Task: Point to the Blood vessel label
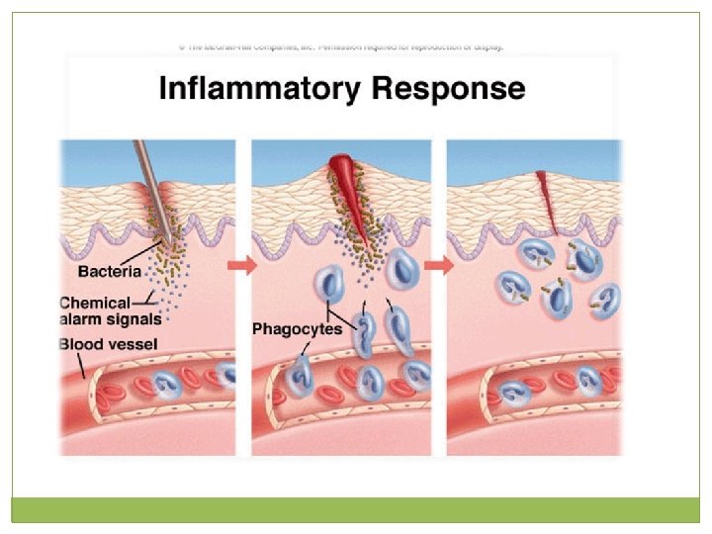tap(109, 344)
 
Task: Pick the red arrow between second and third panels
tap(439, 266)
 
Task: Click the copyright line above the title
tap(341, 46)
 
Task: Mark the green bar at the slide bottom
tap(355, 508)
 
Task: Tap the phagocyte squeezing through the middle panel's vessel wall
tap(300, 375)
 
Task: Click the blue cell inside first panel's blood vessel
tap(225, 376)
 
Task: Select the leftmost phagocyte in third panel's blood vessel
tap(514, 393)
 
